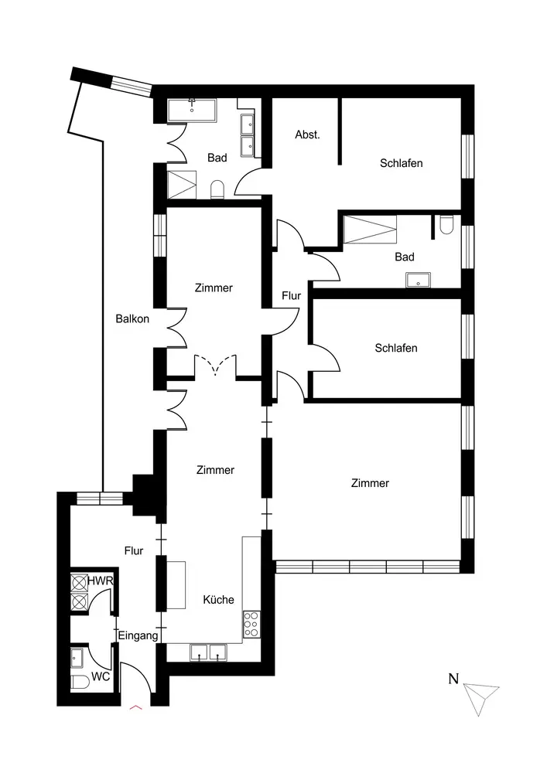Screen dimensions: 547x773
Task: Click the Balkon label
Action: point(132,319)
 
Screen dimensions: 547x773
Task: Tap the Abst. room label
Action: point(307,135)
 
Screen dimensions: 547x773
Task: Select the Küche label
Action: point(218,600)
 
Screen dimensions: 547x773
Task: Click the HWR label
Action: point(101,581)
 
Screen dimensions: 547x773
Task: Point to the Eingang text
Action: point(138,636)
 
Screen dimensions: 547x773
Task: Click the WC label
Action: point(101,676)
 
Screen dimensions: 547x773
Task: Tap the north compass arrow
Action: point(481,698)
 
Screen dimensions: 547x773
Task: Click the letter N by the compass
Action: point(453,679)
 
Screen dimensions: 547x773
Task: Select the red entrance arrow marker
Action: point(135,707)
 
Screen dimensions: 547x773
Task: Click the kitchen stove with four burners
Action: point(251,624)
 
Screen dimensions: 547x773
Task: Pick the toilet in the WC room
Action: point(80,683)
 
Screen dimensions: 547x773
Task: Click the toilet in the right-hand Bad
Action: point(446,225)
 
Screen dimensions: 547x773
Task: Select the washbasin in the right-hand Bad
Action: point(419,280)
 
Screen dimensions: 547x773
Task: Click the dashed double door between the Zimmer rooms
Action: point(215,366)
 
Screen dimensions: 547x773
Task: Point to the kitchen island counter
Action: point(176,584)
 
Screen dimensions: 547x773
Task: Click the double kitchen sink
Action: point(208,652)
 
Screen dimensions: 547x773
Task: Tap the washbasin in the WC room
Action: point(77,657)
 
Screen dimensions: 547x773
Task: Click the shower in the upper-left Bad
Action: point(182,185)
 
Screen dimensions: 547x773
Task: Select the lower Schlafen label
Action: point(396,348)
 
